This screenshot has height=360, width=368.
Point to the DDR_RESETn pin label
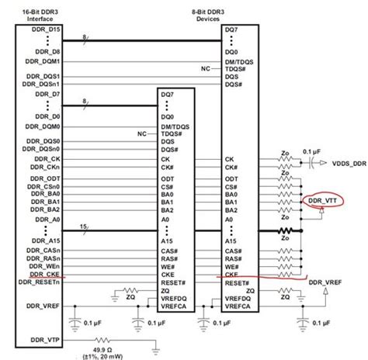click(x=49, y=285)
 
